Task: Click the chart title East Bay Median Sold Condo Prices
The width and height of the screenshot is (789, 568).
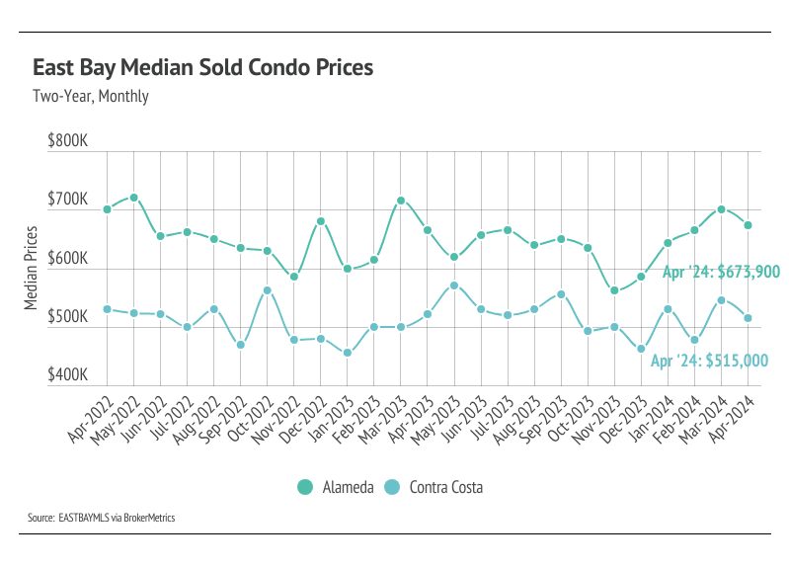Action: [x=202, y=68]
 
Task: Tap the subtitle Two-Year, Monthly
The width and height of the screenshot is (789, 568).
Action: [x=90, y=97]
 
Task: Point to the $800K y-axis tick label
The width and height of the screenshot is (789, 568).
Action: [x=68, y=141]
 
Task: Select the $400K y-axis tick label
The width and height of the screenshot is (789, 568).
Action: [x=68, y=376]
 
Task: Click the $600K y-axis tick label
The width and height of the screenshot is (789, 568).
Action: [x=68, y=259]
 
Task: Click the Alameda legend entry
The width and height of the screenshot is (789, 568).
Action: [x=336, y=487]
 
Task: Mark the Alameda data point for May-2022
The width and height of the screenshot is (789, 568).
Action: [x=133, y=198]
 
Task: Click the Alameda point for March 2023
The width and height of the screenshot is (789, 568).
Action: [x=401, y=201]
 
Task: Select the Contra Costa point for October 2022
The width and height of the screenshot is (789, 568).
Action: [x=267, y=290]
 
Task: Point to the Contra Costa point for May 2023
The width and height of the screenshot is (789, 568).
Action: [x=454, y=285]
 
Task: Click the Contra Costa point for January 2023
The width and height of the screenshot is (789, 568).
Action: [x=348, y=353]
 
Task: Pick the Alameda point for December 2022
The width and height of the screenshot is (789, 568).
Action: [x=321, y=221]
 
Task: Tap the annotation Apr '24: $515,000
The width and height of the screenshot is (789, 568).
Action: [x=708, y=362]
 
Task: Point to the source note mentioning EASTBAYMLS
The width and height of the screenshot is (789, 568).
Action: [x=102, y=517]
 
